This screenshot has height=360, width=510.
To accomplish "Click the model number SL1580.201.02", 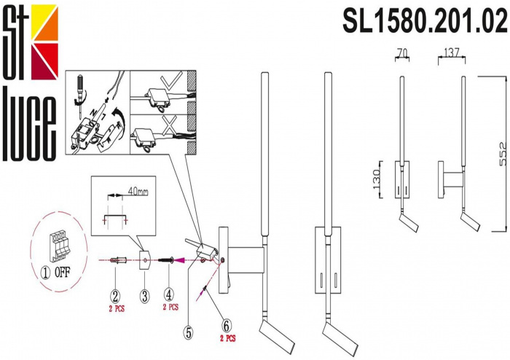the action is point(425,20).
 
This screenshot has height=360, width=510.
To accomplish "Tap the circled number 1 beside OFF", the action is point(45,273).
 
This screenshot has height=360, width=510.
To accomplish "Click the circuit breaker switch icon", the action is point(58,246).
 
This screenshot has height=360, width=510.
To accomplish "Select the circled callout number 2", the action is point(115,297).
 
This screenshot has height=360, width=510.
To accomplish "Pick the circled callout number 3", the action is point(144,297).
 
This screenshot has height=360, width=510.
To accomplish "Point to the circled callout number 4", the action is point(168,295).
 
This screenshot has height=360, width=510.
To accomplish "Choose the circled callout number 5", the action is point(189,332).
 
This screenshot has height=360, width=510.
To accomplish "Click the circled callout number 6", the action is point(227,326).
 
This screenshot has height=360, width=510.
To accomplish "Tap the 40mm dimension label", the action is point(138,192).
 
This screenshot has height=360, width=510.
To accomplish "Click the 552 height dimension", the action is point(503,154).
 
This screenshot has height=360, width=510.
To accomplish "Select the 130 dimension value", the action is point(377,179).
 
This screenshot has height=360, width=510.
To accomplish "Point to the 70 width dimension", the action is point(402,52).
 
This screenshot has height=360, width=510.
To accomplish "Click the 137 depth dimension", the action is point(452,52).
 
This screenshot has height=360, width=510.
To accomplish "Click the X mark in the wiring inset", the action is point(170,125).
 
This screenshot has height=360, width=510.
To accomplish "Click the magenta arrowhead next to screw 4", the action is point(179,260).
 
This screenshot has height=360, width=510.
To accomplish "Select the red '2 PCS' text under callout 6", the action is point(227,339).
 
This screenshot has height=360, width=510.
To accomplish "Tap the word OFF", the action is point(62,273).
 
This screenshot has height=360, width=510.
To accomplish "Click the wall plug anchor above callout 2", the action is point(118,260).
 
